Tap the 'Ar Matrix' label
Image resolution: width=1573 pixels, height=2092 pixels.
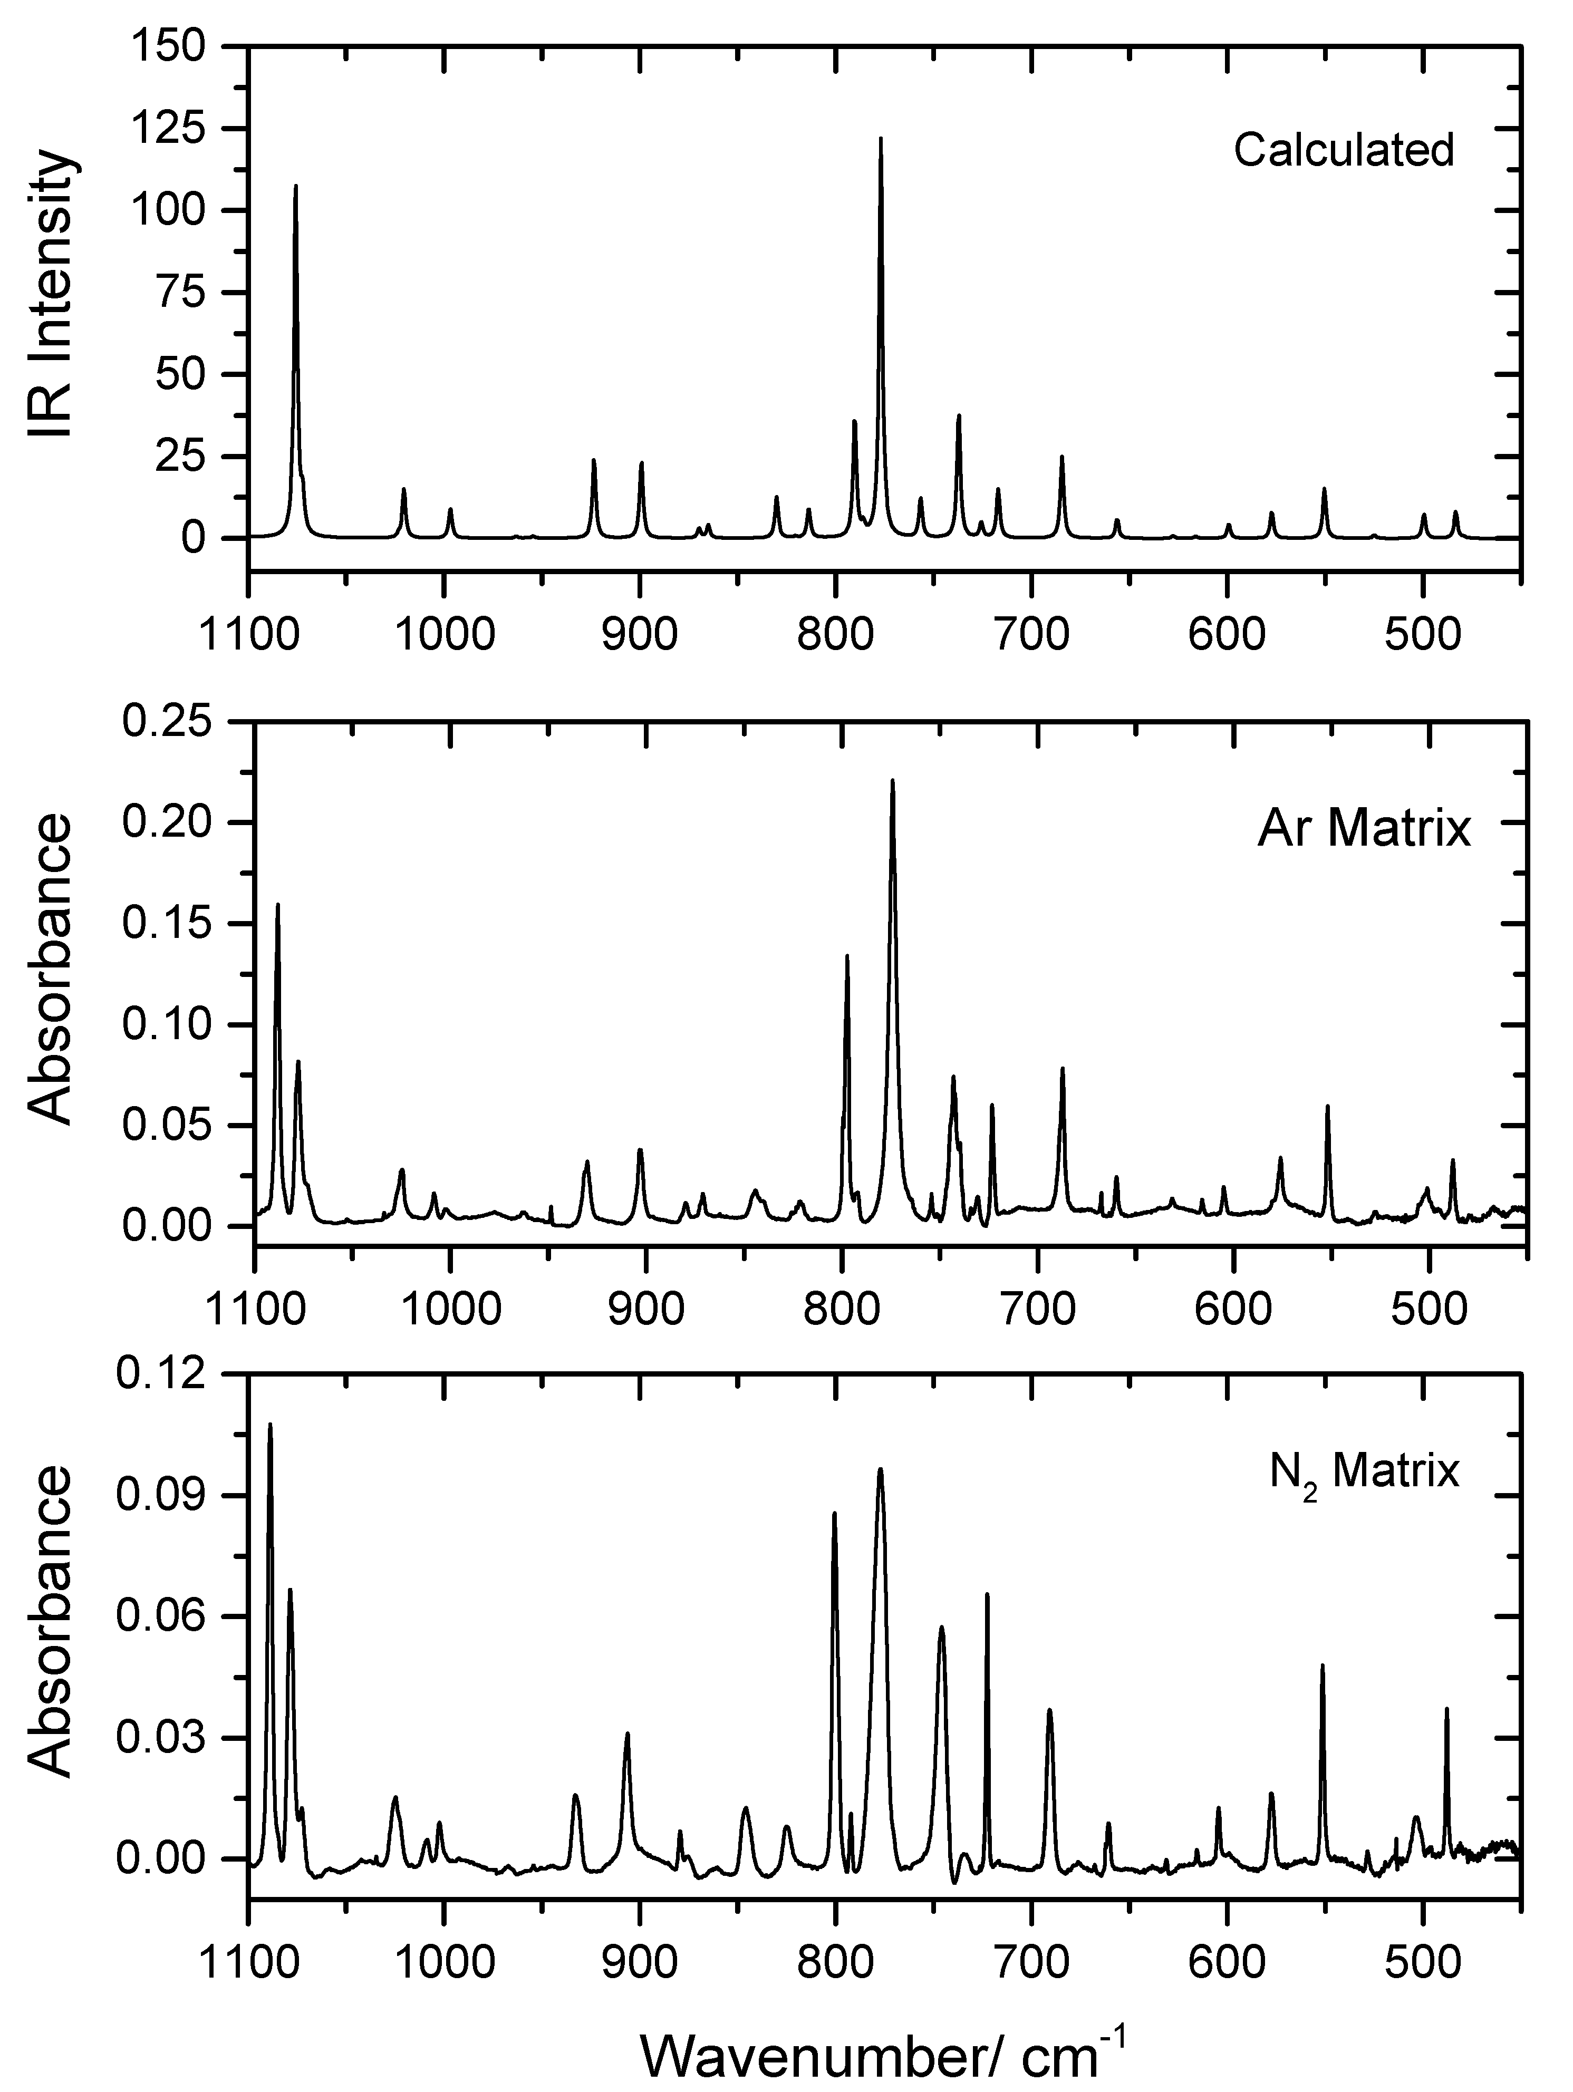[1364, 829]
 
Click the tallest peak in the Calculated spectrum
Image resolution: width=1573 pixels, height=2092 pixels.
[881, 140]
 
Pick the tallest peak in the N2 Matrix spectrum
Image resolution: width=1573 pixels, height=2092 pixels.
[269, 1425]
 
